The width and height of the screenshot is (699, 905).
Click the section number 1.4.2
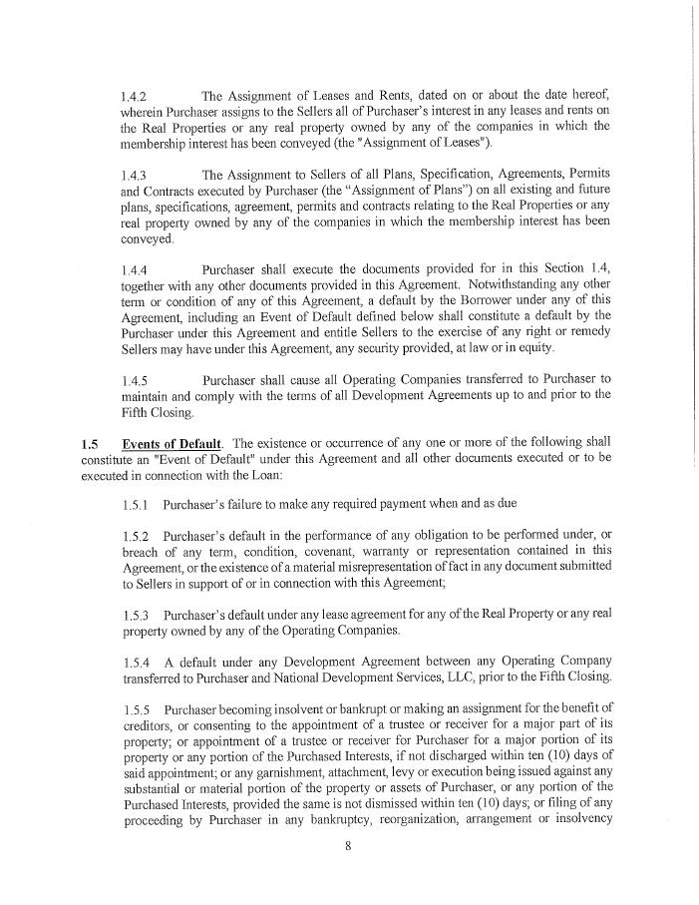[134, 98]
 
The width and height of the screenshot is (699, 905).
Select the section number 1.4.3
[134, 176]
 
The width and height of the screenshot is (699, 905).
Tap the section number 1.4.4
[134, 270]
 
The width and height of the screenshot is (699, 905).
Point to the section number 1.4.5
[134, 381]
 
